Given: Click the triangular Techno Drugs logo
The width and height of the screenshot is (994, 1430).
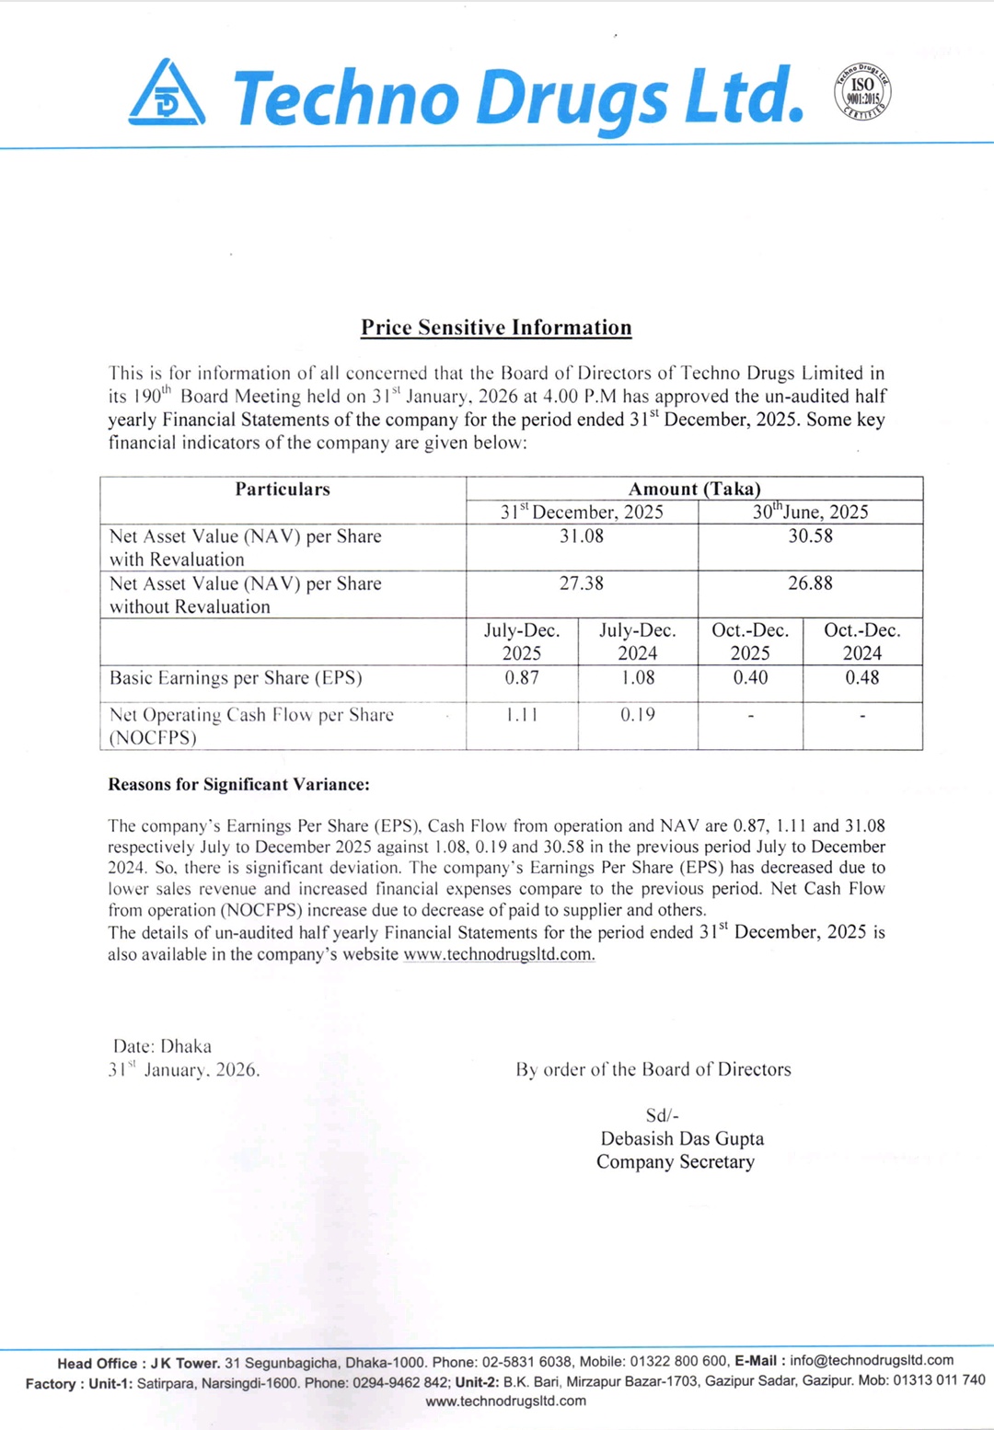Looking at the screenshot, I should coord(167,93).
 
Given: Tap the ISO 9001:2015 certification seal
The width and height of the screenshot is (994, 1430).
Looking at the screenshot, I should coord(862,92).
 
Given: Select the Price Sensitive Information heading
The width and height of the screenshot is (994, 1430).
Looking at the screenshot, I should coord(496,328).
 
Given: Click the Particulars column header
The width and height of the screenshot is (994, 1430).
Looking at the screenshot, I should coord(283,490).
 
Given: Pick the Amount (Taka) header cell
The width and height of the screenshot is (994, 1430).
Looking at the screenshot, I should coord(694,490).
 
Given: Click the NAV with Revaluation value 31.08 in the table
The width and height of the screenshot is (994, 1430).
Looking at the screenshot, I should coord(582,536).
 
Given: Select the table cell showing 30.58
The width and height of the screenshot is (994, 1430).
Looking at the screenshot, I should coord(810,536).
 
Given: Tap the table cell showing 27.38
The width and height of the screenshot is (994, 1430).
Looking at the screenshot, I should coord(582,583).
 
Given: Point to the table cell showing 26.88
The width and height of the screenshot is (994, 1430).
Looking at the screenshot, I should coord(810,583).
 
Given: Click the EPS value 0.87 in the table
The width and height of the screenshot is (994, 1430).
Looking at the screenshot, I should coord(522,678).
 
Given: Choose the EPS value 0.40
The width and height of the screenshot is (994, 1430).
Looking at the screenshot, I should coord(750,678).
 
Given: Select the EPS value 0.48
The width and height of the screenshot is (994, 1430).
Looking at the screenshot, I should coord(862,678).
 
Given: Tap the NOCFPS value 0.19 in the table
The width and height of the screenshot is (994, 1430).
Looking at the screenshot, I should coord(637,715).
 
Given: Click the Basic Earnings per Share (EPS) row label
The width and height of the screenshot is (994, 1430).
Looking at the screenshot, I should coord(236,678).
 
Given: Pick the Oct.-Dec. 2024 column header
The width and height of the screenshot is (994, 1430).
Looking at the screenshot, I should coord(862,641).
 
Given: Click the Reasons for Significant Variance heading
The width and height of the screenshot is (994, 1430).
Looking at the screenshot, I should coord(238,785).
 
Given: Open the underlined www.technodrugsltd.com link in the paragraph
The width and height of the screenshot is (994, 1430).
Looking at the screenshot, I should coord(499,954).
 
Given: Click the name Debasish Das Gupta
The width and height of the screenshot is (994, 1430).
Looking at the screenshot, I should coord(682,1138).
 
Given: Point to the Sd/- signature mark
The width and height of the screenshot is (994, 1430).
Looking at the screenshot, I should coord(662,1115).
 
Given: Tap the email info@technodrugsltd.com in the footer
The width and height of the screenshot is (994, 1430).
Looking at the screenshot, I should coord(872,1360).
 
